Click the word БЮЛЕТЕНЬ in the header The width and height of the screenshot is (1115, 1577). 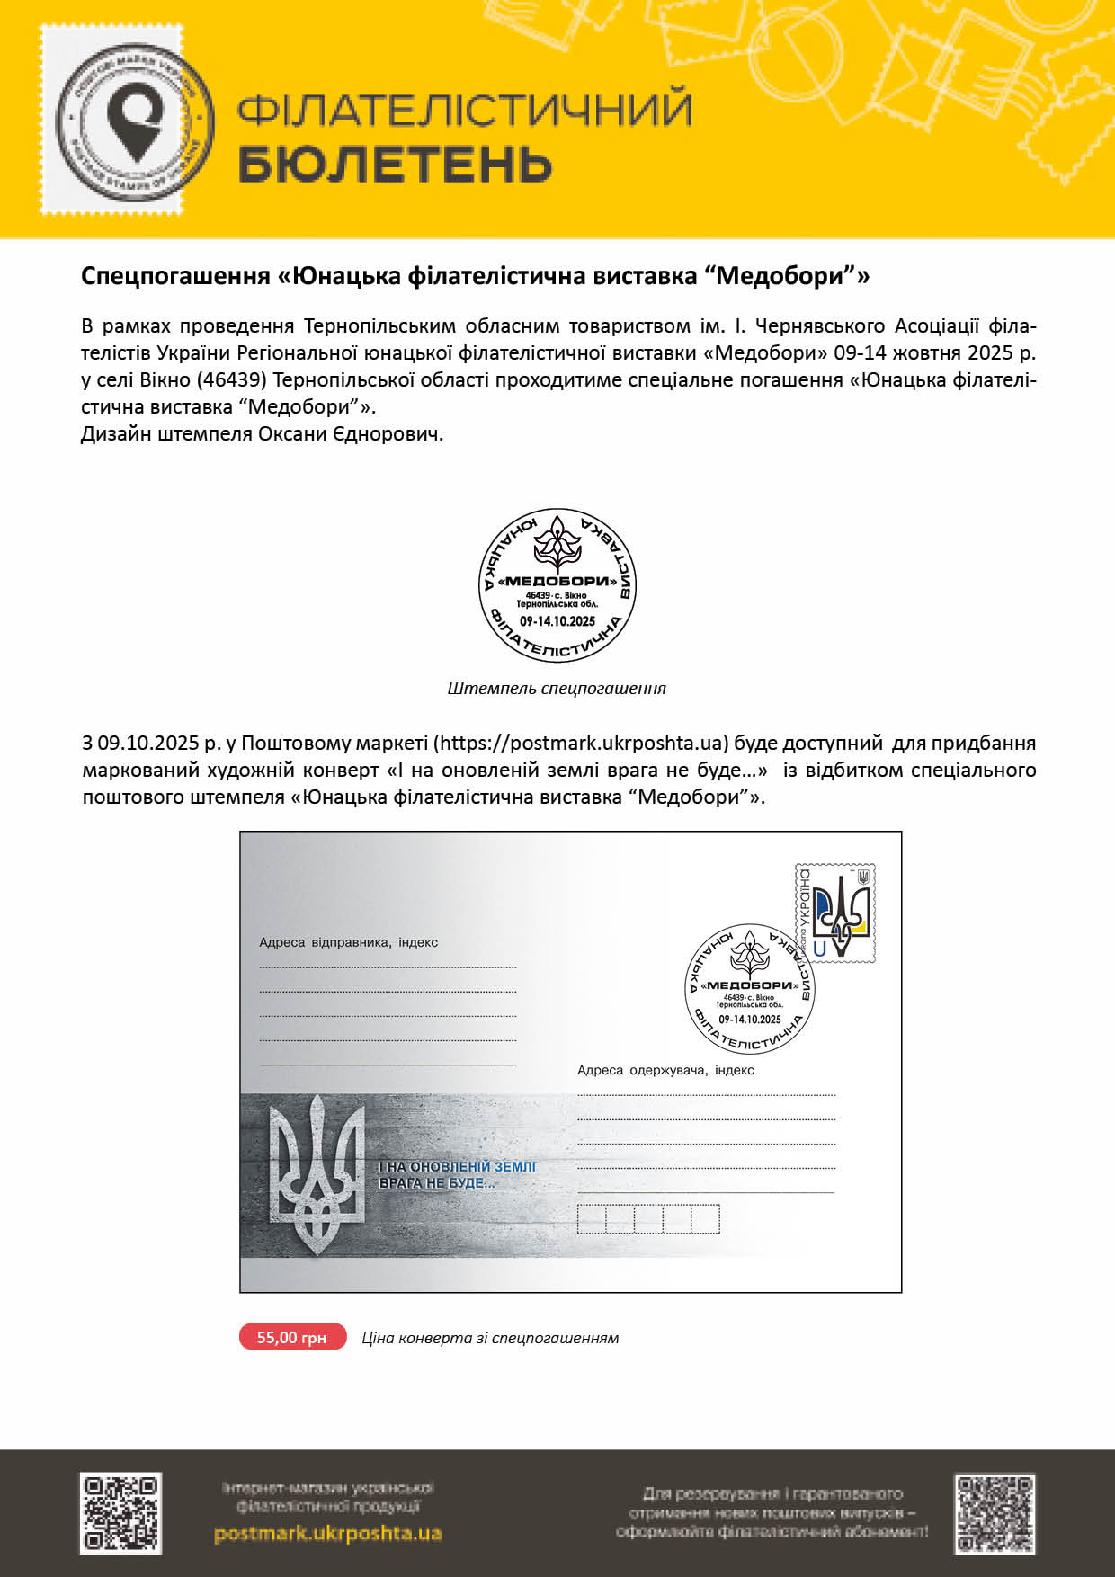point(395,165)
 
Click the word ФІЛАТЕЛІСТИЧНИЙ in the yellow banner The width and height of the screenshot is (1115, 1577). point(464,110)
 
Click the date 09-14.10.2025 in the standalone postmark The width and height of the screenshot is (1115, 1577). point(557,621)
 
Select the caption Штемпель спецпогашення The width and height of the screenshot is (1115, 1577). point(557,689)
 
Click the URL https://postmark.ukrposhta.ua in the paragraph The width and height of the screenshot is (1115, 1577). point(579,744)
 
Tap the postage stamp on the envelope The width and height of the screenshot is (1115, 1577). point(834,913)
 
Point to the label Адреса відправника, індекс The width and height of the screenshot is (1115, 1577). point(349,942)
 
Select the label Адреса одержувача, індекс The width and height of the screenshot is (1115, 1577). point(665,1070)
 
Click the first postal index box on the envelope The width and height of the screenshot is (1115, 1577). point(592,1219)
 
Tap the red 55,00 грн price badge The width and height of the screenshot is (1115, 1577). point(292,1337)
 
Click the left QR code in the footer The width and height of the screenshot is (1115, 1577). point(120,1512)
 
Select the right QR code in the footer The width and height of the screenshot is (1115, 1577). point(995,1512)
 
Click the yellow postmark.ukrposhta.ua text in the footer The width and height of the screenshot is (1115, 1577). point(327,1533)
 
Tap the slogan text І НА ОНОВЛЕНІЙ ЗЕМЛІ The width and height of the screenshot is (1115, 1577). point(457,1166)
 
